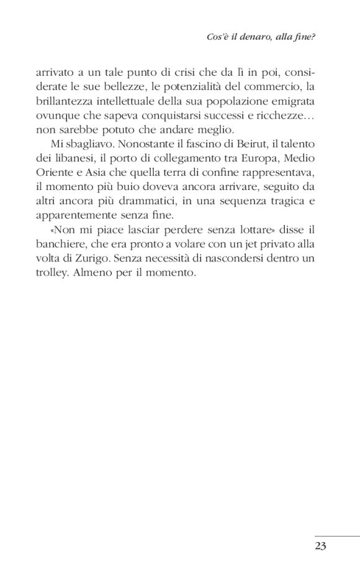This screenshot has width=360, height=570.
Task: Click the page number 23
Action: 320,546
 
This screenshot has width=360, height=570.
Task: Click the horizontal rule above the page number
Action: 336,536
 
